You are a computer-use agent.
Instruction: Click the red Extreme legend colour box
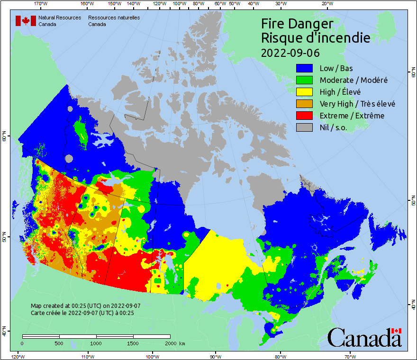coord(305,116)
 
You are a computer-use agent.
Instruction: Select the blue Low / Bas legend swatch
coord(305,68)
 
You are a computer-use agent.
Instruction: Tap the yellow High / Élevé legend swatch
coord(305,92)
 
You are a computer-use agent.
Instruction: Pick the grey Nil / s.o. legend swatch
coord(305,127)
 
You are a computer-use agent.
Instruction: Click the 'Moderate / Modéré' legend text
coord(354,80)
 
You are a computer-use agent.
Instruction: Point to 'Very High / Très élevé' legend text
coord(357,104)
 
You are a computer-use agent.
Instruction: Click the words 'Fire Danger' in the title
coord(298,24)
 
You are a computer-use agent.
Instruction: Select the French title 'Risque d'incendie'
coord(316,38)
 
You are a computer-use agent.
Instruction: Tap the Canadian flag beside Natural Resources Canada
coord(26,21)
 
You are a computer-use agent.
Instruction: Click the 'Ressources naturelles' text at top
coord(114,18)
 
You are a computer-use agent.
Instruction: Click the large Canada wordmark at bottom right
coord(364,337)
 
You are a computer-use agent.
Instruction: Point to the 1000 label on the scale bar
coord(96,343)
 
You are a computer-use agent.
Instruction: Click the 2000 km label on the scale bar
coord(175,343)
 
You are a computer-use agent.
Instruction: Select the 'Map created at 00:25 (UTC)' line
coord(86,306)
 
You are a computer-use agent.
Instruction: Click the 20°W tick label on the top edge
coord(326,4)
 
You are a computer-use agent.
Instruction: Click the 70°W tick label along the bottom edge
coord(350,356)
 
